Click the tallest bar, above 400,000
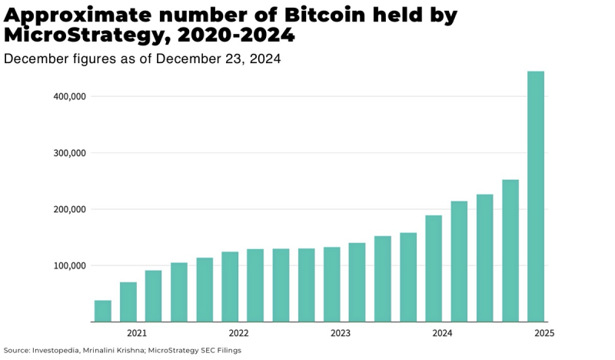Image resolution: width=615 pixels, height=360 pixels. coord(535,196)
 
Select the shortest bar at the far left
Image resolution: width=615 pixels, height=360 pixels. coord(103,311)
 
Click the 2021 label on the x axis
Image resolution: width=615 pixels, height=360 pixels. coord(137,333)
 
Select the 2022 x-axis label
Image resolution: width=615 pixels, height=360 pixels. coord(238,333)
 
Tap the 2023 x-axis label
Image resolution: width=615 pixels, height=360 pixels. coord(341,333)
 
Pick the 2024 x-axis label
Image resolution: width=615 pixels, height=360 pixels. coord(442,333)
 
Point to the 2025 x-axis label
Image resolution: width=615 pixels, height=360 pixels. coord(544,333)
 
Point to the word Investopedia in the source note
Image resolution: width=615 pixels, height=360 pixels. coord(57,350)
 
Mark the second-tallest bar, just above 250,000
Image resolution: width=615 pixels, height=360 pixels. coord(510,251)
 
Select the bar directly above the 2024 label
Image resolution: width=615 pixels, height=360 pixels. coord(434,268)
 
